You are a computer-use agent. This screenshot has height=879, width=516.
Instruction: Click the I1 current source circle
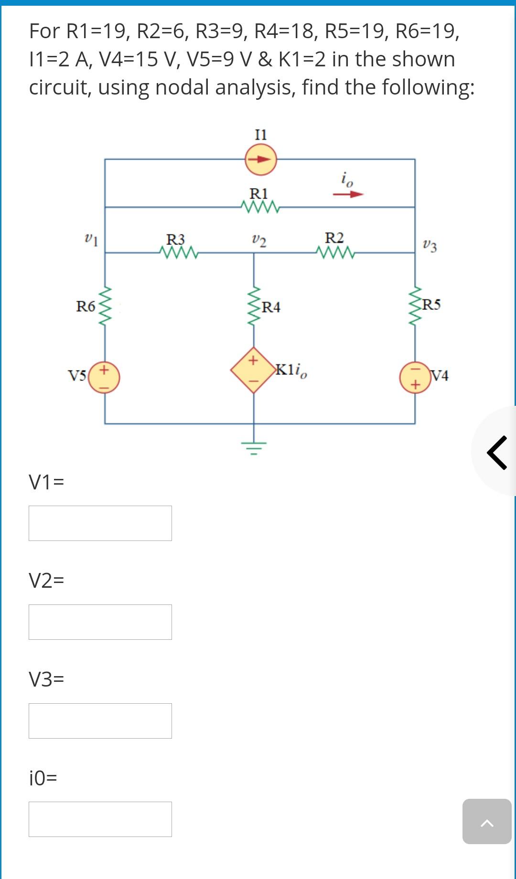260,159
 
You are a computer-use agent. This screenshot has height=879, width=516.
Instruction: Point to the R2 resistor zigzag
335,252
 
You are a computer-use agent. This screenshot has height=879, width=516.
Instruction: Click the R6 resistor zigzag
105,306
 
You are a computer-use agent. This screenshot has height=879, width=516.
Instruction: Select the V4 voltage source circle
415,377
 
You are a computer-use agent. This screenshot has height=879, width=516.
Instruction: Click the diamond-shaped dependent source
254,370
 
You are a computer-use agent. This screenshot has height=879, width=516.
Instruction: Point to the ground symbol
254,447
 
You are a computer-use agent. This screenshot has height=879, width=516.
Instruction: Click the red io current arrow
348,194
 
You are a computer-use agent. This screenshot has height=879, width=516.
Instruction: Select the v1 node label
90,239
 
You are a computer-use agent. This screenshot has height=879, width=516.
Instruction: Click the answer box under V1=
100,523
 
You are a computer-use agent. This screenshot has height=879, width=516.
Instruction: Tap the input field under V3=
100,721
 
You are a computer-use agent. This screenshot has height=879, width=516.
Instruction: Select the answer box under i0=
100,819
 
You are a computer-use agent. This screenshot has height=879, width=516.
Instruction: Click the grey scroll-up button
486,821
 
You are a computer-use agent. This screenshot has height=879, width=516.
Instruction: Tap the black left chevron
497,452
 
